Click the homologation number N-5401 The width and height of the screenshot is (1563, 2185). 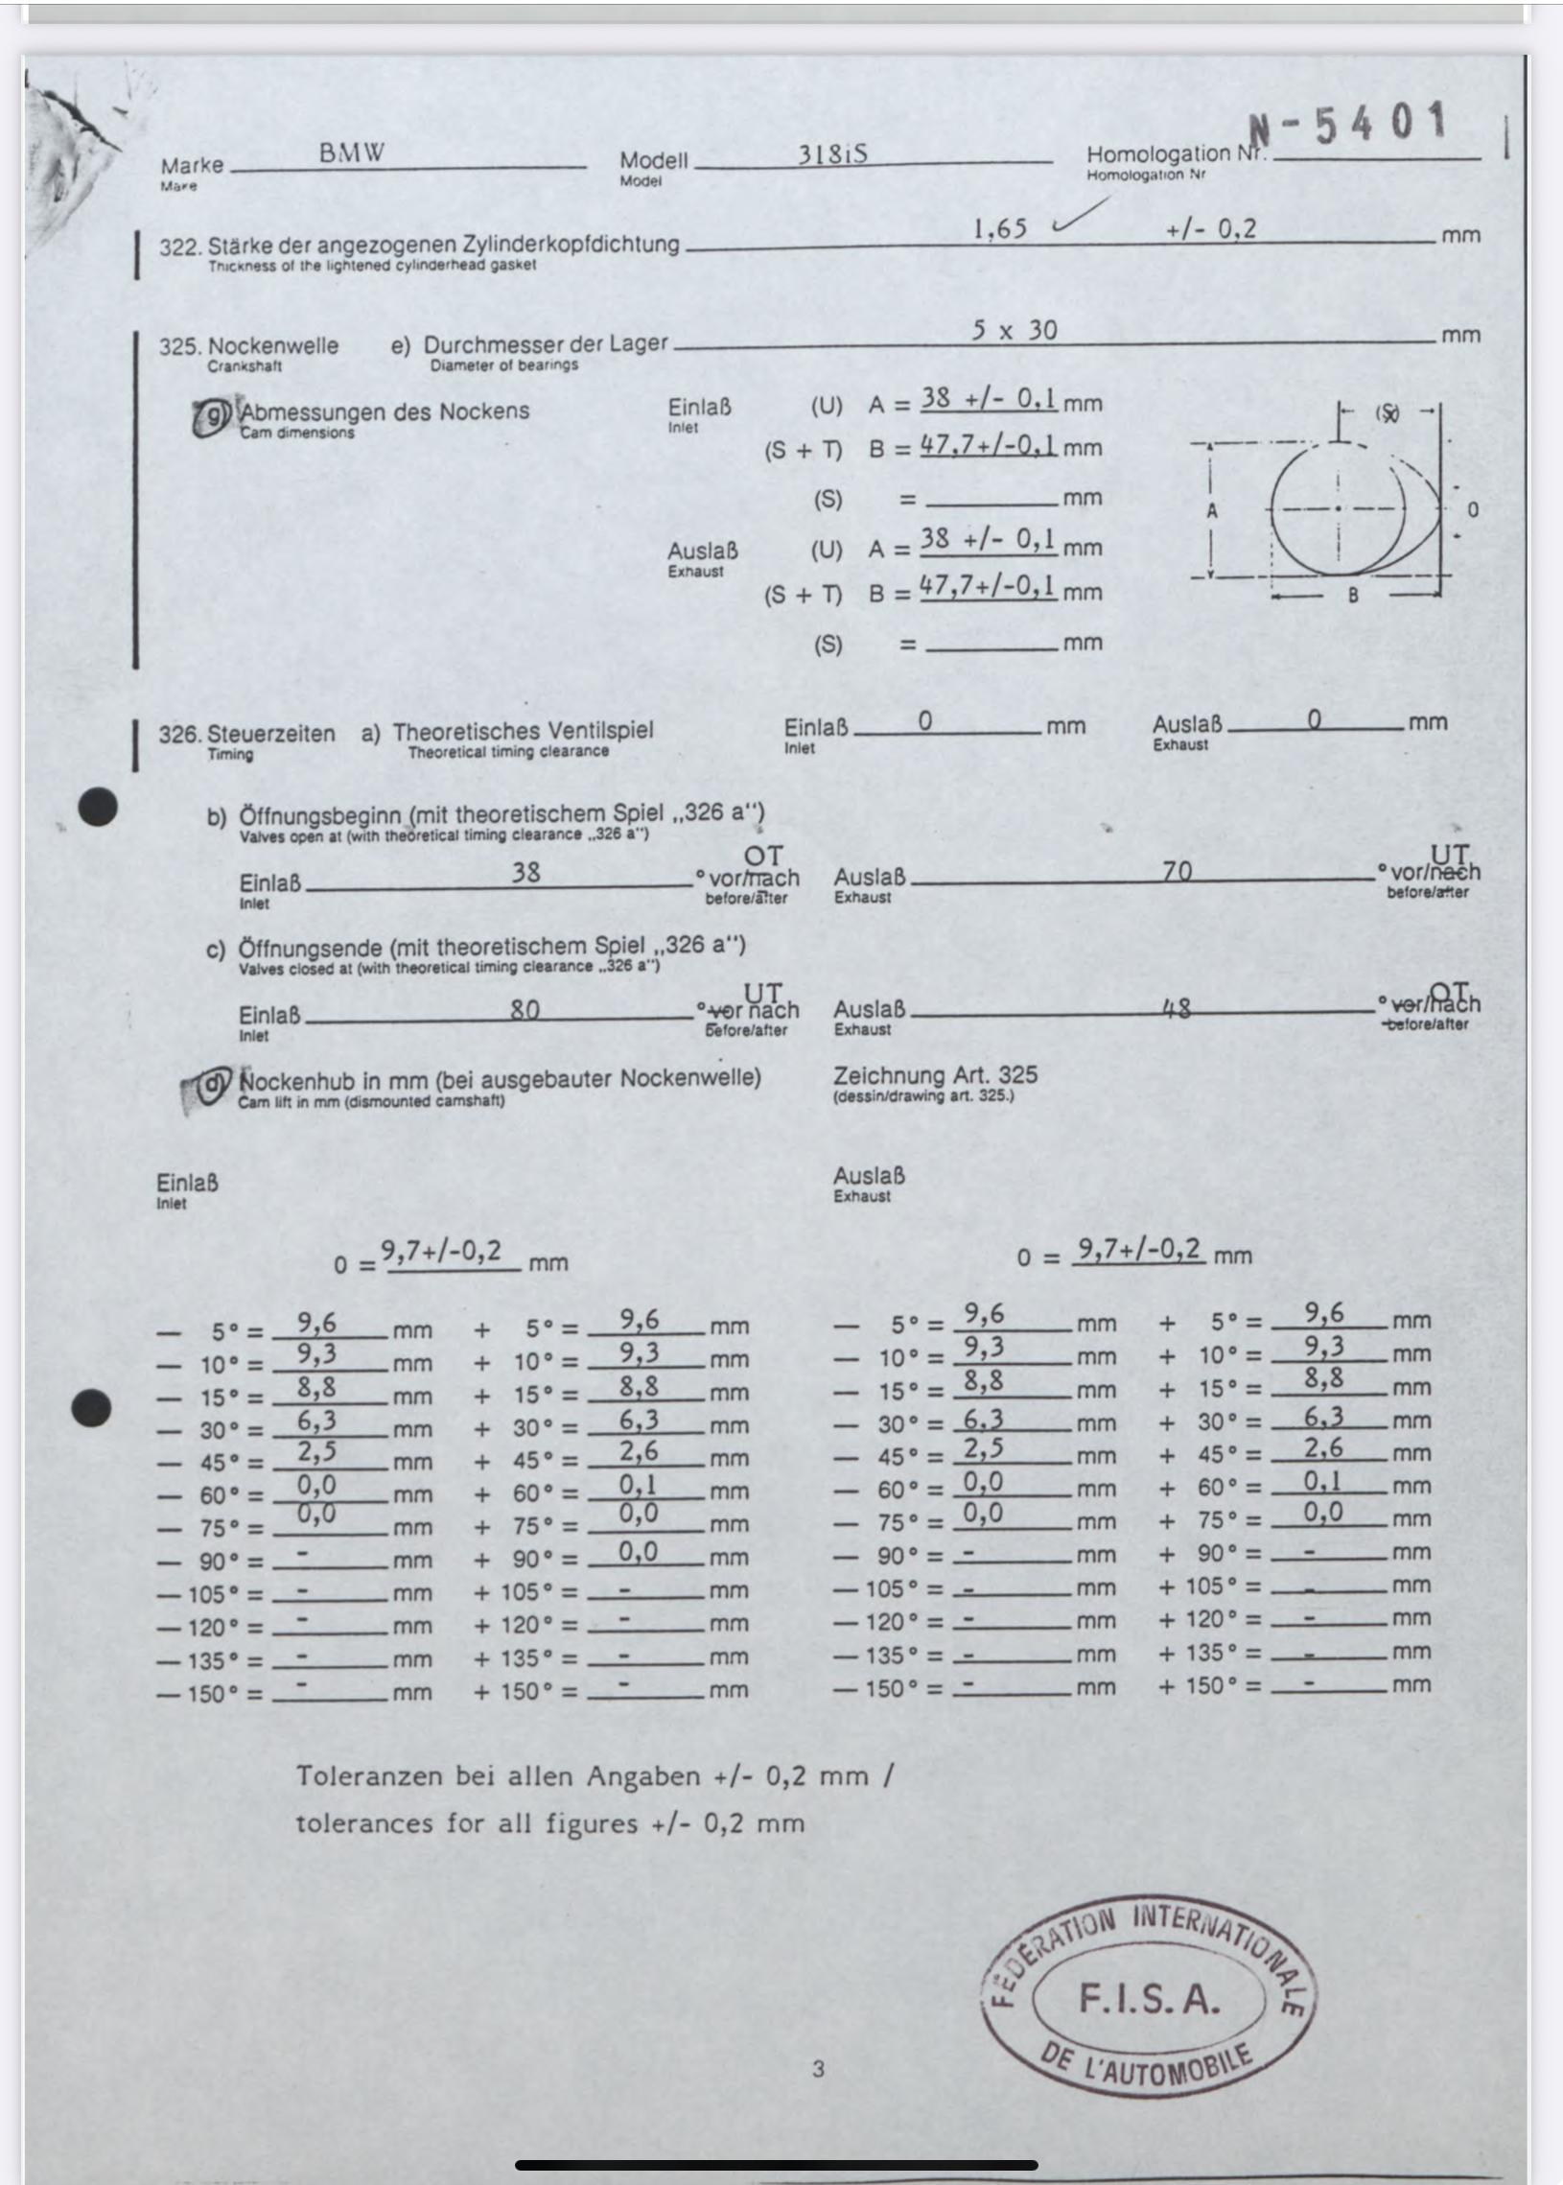[x=1347, y=125]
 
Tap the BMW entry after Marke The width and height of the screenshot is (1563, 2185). [x=351, y=153]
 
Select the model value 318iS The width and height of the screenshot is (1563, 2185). [x=832, y=153]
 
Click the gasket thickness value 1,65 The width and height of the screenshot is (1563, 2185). [x=1000, y=229]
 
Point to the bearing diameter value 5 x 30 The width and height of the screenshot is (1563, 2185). [x=1014, y=330]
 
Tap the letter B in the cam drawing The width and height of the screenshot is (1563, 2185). [x=1352, y=596]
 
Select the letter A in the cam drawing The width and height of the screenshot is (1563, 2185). [x=1212, y=511]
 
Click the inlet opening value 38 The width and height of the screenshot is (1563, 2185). [x=525, y=872]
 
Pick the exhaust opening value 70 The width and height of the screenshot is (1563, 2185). [x=1178, y=871]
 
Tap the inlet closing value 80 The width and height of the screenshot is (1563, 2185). [x=525, y=1009]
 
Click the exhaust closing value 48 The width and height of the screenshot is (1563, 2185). [x=1178, y=1008]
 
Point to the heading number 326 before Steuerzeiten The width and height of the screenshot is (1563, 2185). [x=179, y=735]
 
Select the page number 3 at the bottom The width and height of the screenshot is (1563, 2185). [x=818, y=2069]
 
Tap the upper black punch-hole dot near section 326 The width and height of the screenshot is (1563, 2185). [x=96, y=807]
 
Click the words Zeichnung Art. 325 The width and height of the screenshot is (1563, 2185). [x=935, y=1075]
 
